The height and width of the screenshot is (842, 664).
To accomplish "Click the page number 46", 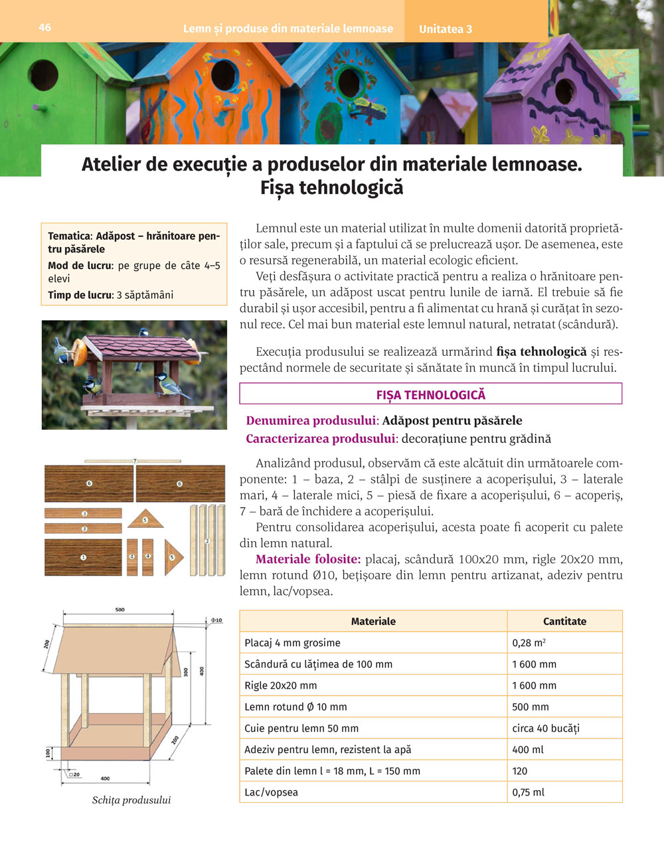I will [x=45, y=27].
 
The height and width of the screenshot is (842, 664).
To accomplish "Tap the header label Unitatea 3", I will [x=446, y=29].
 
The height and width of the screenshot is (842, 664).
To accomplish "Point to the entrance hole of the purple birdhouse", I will [x=564, y=91].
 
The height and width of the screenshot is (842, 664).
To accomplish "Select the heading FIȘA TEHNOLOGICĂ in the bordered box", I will [x=430, y=394].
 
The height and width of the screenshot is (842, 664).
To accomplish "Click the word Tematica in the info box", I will [x=68, y=236].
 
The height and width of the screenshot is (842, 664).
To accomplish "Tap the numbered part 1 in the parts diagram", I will [x=83, y=558].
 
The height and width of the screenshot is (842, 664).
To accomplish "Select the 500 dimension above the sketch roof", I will [x=120, y=610].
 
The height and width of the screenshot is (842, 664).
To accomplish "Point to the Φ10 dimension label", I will [x=216, y=620].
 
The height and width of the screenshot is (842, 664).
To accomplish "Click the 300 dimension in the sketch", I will [x=186, y=672].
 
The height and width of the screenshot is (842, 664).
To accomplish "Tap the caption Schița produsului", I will [x=131, y=800].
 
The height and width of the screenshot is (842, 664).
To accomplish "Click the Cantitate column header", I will [x=564, y=622].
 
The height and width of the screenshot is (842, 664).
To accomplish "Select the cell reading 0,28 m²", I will [x=529, y=643].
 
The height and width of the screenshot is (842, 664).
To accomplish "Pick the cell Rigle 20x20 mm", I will [x=281, y=685].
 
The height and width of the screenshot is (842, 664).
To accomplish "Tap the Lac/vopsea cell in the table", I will [x=272, y=792].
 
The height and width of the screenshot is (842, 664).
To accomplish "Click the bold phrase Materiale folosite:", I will [x=308, y=559].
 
